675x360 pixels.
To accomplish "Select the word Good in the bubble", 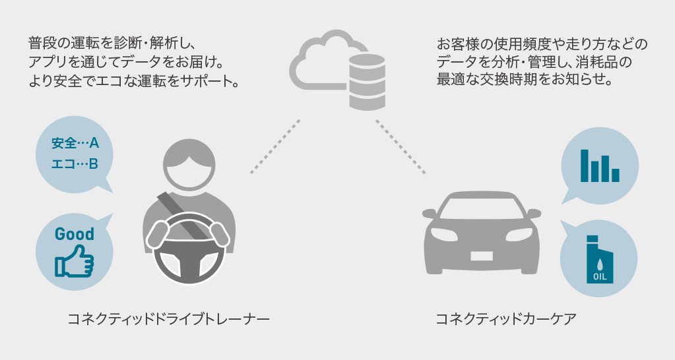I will coord(74,234).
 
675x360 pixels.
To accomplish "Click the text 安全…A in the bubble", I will coord(75,143).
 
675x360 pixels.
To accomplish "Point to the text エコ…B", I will coord(75,164).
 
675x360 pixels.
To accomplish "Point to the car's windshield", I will coord(478,210).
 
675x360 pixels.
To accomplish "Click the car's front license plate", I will coord(478,256).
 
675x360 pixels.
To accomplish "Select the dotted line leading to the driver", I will coord(275,146).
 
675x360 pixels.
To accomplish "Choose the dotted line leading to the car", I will coord(401,146).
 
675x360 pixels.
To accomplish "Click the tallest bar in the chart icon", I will coord(584,165).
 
